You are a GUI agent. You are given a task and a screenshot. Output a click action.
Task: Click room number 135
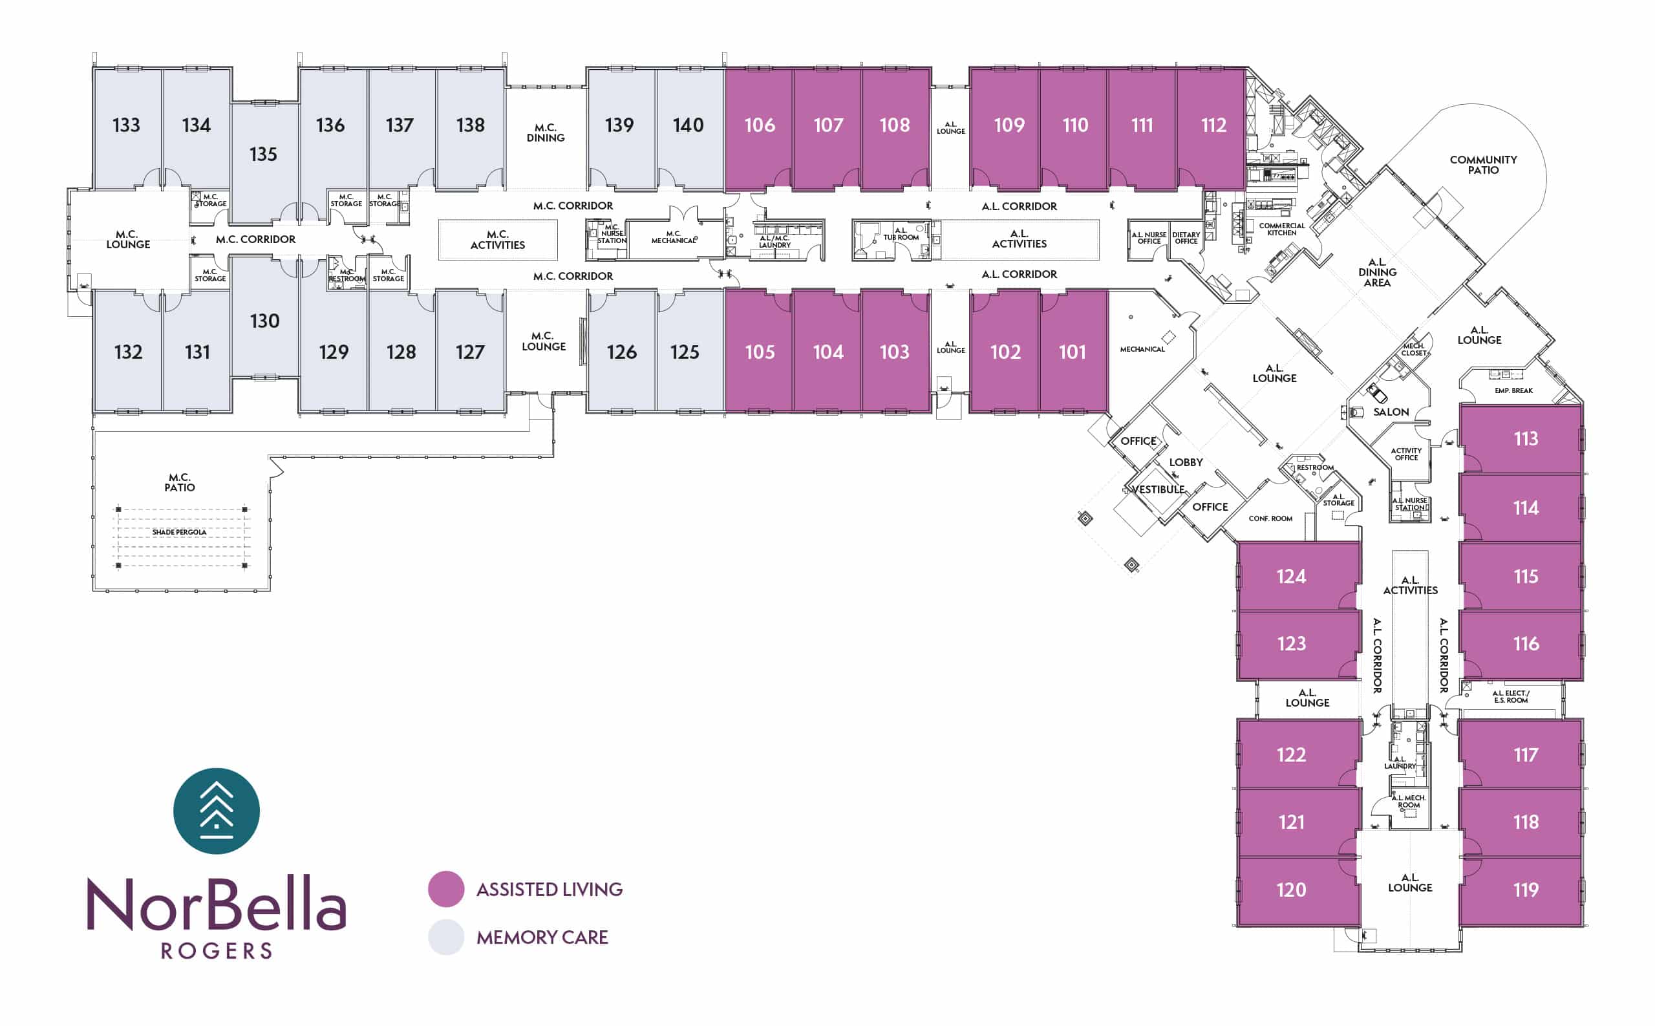pyautogui.click(x=262, y=154)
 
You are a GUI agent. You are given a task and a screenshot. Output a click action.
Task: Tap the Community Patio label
pyautogui.click(x=1482, y=165)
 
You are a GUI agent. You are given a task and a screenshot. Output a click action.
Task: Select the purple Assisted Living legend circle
pyautogui.click(x=446, y=889)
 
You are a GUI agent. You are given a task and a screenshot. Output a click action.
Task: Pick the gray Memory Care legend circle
pyautogui.click(x=446, y=937)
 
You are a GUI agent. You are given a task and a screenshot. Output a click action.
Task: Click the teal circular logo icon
pyautogui.click(x=217, y=811)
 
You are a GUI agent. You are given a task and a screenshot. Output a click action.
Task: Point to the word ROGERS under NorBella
pyautogui.click(x=217, y=950)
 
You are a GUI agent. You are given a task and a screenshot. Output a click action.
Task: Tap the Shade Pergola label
pyautogui.click(x=179, y=532)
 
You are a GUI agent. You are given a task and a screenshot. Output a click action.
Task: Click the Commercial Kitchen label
pyautogui.click(x=1281, y=230)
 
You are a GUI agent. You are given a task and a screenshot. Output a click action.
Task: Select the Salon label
pyautogui.click(x=1391, y=412)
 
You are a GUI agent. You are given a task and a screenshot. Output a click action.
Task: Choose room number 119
pyautogui.click(x=1526, y=890)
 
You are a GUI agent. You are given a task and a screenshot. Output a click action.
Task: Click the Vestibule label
pyautogui.click(x=1158, y=489)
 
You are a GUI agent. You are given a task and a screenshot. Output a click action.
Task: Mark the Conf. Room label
pyautogui.click(x=1270, y=518)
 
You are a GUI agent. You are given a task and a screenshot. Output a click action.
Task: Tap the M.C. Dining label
pyautogui.click(x=546, y=133)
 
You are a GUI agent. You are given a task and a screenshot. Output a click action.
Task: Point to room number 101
pyautogui.click(x=1072, y=352)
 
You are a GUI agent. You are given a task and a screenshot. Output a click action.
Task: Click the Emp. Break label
pyautogui.click(x=1513, y=391)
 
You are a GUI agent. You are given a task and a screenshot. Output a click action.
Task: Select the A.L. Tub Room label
pyautogui.click(x=901, y=234)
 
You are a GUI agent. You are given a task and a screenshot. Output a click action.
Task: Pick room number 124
pyautogui.click(x=1290, y=576)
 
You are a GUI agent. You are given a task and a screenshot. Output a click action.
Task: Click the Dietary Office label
pyautogui.click(x=1186, y=237)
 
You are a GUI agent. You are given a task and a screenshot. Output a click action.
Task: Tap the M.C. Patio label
pyautogui.click(x=179, y=482)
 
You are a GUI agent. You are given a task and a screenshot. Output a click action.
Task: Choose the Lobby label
pyautogui.click(x=1186, y=462)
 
